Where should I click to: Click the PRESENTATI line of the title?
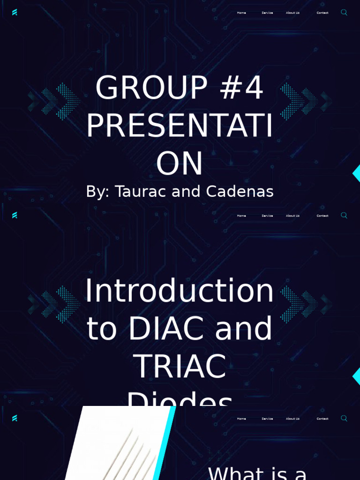(180, 126)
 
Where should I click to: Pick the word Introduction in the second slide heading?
(180, 291)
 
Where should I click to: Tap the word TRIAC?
(180, 366)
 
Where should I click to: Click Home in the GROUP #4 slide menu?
(241, 13)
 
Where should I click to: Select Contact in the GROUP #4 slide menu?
(322, 13)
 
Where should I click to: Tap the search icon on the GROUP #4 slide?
(344, 12)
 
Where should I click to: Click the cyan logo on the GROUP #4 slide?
(15, 12)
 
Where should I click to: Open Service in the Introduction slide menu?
(267, 216)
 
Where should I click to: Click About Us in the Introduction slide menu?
(292, 216)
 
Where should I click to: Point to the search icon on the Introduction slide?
(344, 215)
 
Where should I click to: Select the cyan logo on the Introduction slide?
(15, 215)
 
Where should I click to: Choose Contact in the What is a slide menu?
(322, 419)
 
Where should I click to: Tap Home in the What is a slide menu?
(241, 419)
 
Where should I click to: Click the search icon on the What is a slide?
(344, 418)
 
